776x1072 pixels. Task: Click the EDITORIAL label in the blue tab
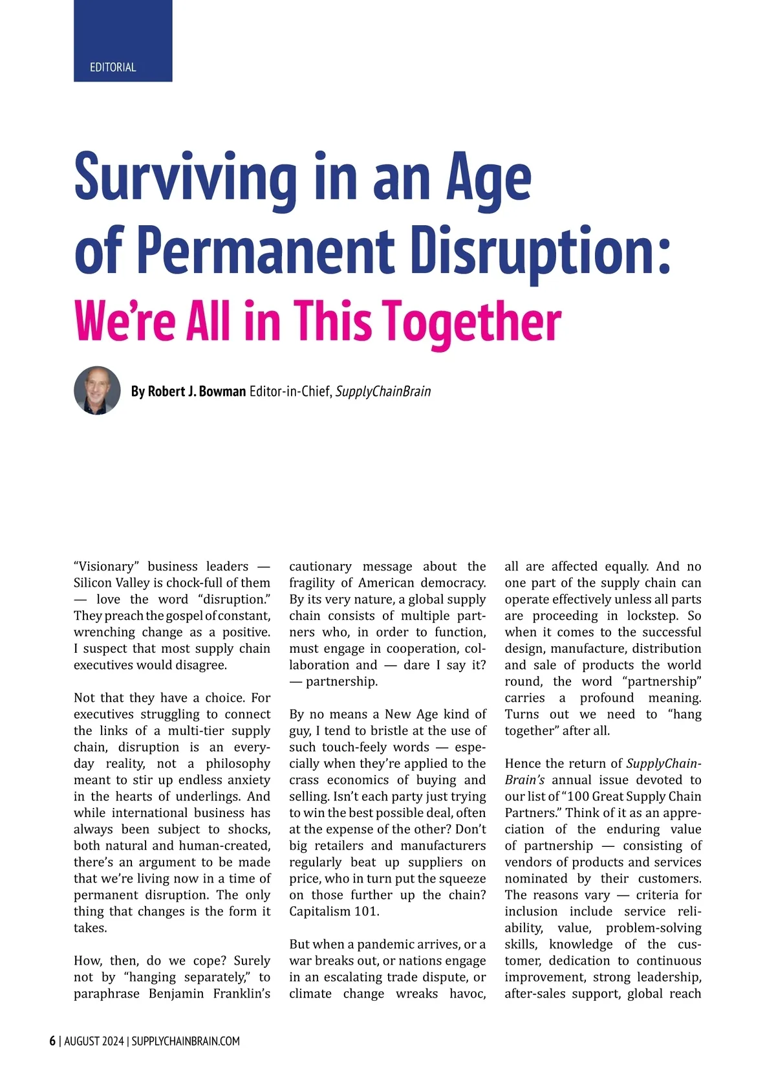113,67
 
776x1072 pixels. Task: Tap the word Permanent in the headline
266,250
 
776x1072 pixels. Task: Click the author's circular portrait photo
97,391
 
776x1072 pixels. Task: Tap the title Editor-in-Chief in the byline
291,391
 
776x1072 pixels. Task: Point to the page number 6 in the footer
52,1041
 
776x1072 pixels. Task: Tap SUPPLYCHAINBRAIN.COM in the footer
186,1041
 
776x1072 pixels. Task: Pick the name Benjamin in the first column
175,994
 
